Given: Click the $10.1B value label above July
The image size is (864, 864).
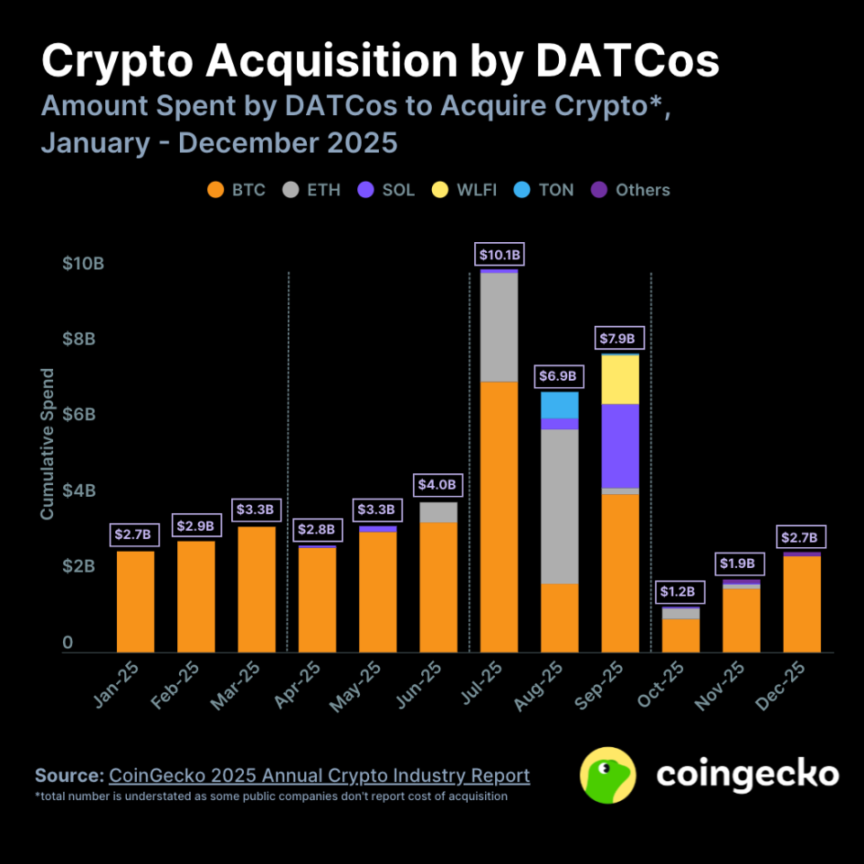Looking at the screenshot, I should [x=499, y=256].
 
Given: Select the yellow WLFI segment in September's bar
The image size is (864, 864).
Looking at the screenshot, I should [x=620, y=380].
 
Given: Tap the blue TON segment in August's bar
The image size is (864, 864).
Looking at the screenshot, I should [x=560, y=405].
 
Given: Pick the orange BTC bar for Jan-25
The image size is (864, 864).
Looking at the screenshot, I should [x=136, y=601].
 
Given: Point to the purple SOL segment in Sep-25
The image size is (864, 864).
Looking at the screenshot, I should [x=620, y=445].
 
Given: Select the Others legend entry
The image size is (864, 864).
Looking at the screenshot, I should [x=631, y=190].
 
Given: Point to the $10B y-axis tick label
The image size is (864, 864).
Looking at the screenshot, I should [x=83, y=264].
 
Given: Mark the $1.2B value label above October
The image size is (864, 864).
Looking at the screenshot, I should [x=680, y=591].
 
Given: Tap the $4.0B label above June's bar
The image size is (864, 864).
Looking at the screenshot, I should [x=438, y=485].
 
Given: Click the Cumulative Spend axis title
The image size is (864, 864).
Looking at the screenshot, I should [x=48, y=443].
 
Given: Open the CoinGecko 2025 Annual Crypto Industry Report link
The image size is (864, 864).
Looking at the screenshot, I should [x=319, y=776].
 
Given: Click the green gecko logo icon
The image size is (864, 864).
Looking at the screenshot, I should [x=607, y=776].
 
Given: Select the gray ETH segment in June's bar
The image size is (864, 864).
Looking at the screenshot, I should [x=438, y=512].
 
